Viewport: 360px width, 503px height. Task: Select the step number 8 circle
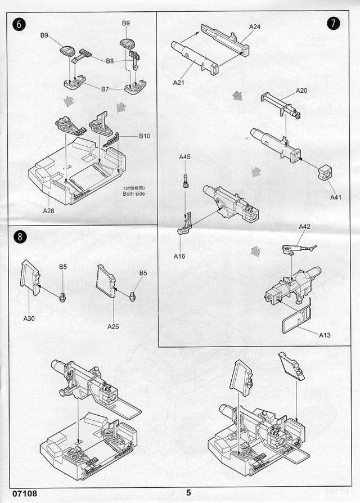19,236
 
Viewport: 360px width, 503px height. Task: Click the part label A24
255,26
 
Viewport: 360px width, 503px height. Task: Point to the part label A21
179,83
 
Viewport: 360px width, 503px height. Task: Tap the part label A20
301,91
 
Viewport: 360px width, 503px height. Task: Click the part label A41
336,197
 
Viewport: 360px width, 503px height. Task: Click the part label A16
179,256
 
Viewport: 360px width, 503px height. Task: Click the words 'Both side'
133,194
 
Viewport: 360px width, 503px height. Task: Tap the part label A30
29,318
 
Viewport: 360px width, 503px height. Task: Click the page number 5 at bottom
188,493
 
